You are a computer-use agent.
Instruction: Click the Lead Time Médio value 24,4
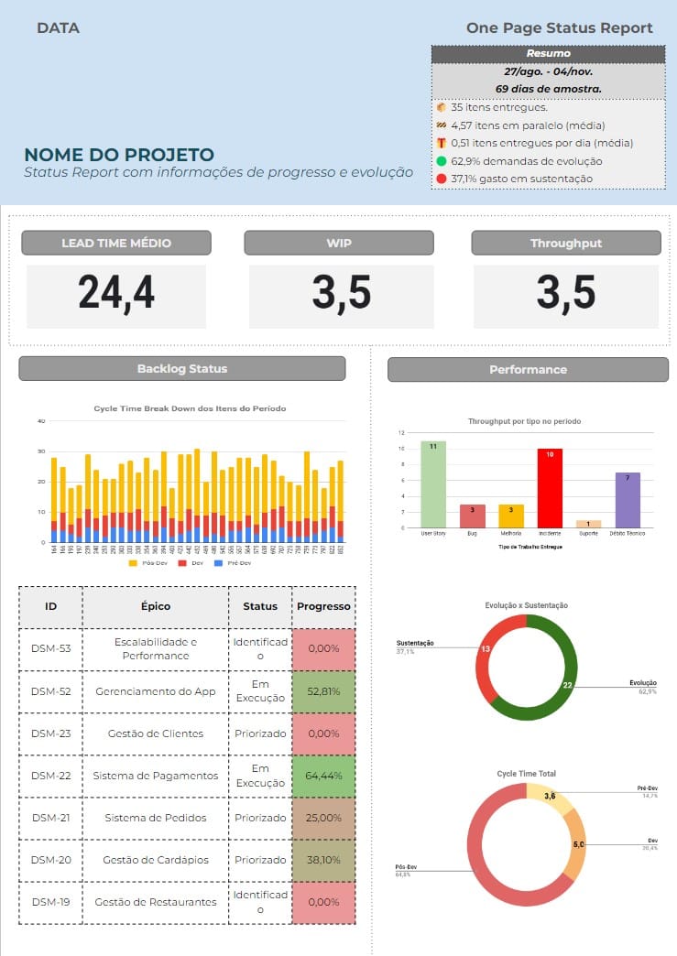pos(116,293)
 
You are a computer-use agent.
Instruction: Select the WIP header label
pos(339,243)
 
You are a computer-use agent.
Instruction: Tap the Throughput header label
pos(565,243)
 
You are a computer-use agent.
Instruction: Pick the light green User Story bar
pos(433,483)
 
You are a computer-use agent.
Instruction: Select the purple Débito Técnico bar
pos(628,499)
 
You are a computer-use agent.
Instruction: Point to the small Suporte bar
pos(588,524)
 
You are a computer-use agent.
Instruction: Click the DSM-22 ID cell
pos(51,776)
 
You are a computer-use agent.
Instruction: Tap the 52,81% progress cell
pos(322,691)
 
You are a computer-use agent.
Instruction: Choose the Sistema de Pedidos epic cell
pos(156,818)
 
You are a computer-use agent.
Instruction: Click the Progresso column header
pos(323,606)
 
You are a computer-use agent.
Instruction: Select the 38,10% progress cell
pos(322,860)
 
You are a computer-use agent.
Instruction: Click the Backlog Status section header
pos(181,368)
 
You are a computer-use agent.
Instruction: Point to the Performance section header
pos(528,369)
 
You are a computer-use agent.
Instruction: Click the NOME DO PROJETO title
pos(119,155)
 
